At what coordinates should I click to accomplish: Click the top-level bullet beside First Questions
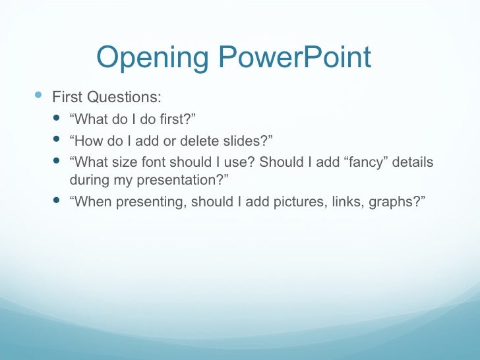[37, 96]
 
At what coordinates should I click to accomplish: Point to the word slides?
[243, 140]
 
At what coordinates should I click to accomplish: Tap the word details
[413, 162]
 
